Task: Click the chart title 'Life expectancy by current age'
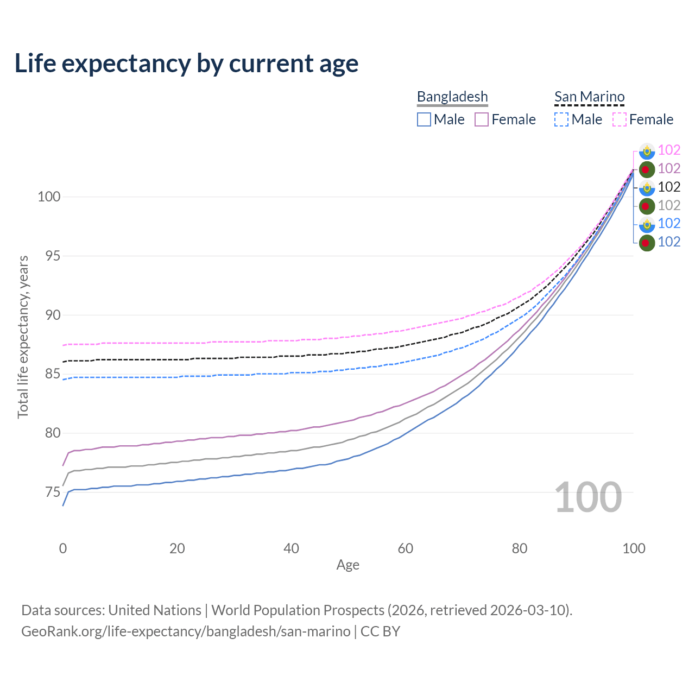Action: point(186,64)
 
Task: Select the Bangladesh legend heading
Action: point(452,97)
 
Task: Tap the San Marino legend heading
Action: point(589,97)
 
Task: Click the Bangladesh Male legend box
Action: point(424,119)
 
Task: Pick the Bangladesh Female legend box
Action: point(482,119)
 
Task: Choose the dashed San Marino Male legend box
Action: point(561,119)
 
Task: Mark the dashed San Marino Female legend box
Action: point(620,119)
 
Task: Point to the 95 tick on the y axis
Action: point(49,256)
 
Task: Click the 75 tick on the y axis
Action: point(49,492)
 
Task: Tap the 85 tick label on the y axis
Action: point(49,374)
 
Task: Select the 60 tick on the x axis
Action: point(406,548)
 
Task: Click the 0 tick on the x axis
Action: point(63,548)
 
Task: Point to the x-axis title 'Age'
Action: point(347,565)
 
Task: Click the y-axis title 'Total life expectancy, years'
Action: point(23,337)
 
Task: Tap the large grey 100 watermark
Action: point(588,497)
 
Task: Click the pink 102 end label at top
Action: point(669,150)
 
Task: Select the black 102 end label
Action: point(669,187)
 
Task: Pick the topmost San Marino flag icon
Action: point(646,151)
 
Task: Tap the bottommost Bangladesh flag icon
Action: point(646,243)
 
